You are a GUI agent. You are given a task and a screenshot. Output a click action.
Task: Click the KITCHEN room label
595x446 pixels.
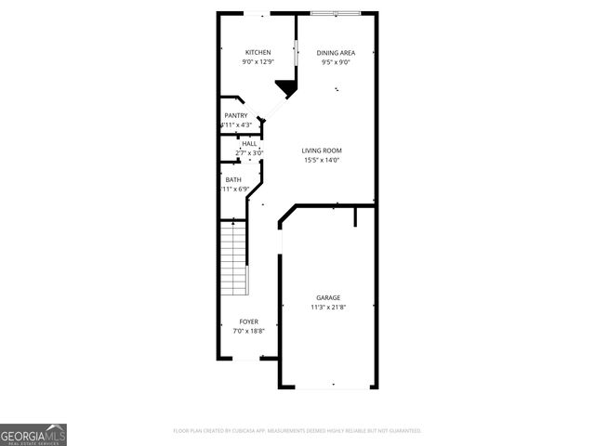click(x=258, y=52)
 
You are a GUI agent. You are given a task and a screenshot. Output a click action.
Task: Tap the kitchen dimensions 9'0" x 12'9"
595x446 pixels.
click(x=258, y=62)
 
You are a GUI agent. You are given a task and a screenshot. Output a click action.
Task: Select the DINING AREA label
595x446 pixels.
click(x=335, y=52)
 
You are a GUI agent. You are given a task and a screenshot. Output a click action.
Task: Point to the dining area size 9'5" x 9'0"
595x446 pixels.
click(x=335, y=62)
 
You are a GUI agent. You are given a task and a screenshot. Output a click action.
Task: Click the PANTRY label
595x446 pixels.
click(x=235, y=115)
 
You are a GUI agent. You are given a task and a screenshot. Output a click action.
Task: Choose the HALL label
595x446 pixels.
click(x=249, y=144)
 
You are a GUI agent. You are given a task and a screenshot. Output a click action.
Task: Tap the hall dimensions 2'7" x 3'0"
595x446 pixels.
click(x=249, y=153)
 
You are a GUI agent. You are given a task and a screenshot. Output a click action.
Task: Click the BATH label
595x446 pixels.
click(x=233, y=179)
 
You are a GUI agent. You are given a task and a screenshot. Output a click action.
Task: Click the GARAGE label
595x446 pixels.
click(x=327, y=297)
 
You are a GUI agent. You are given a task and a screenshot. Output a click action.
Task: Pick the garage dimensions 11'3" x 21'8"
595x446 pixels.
click(x=327, y=308)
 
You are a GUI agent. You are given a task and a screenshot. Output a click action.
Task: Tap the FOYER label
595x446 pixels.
click(x=248, y=321)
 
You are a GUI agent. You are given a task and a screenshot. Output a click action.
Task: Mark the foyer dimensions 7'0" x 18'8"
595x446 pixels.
click(x=248, y=331)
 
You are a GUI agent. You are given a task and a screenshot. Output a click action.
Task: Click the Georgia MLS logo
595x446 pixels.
click(x=33, y=434)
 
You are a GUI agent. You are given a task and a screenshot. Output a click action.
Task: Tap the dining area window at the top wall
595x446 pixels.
click(x=336, y=13)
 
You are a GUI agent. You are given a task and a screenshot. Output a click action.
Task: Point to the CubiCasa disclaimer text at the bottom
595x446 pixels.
click(x=297, y=431)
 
